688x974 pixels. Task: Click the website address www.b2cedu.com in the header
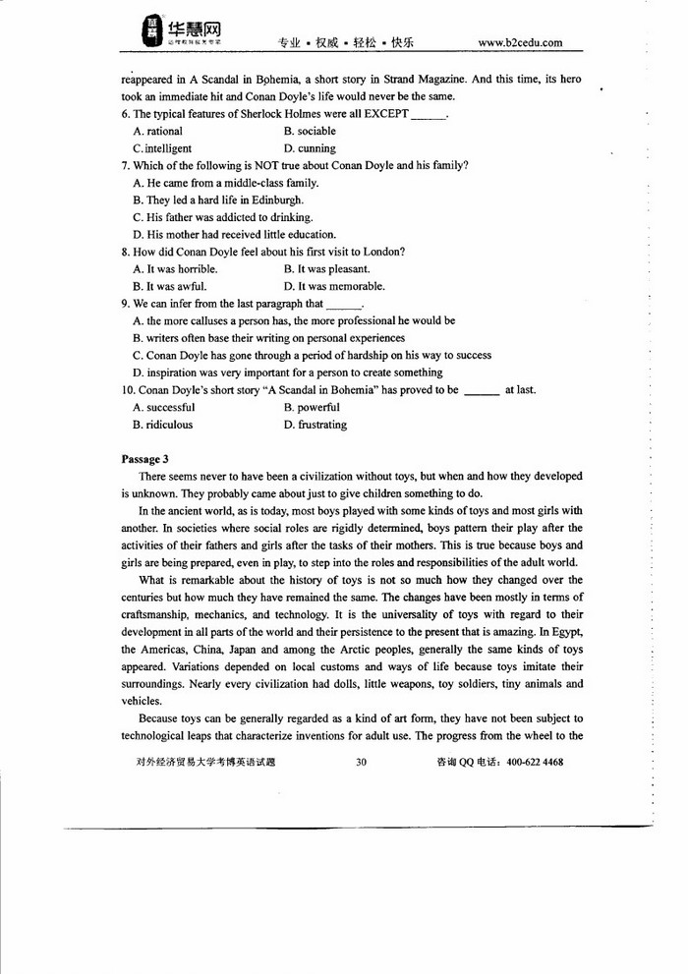pos(520,42)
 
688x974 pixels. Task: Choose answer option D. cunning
pos(310,148)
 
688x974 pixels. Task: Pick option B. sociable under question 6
pos(310,131)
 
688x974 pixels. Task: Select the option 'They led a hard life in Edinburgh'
pos(211,200)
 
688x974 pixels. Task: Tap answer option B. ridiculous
pos(162,425)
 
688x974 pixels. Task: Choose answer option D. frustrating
pos(315,425)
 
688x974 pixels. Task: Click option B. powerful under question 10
pos(312,407)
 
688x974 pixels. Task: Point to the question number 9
pos(125,304)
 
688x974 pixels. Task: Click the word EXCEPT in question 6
pos(384,114)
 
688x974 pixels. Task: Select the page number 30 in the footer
pos(361,762)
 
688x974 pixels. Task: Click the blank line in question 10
pos(481,391)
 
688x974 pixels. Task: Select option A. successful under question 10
pos(163,407)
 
